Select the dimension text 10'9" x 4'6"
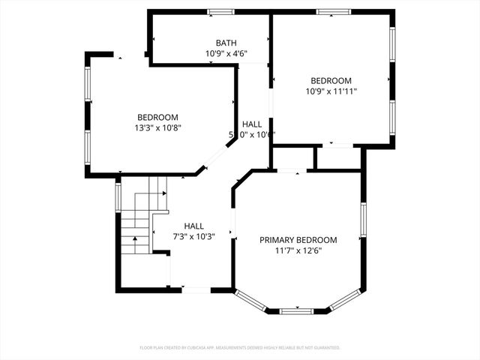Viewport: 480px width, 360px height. (226, 54)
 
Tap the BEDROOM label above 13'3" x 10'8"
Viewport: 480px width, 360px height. (157, 117)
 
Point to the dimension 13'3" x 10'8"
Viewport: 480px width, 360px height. (157, 127)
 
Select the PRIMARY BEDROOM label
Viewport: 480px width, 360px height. (298, 240)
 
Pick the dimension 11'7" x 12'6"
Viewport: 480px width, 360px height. (298, 250)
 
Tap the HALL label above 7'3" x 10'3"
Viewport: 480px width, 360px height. (194, 226)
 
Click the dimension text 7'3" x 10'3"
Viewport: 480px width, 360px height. (194, 236)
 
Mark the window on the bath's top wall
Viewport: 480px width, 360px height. (220, 11)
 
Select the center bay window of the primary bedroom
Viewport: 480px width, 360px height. (298, 309)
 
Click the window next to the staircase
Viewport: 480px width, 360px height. (118, 197)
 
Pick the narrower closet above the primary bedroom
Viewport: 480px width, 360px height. (338, 158)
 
